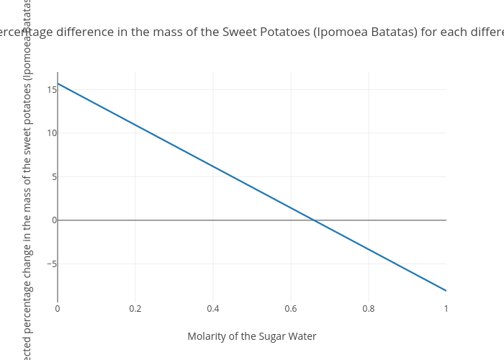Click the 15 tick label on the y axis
tap(52, 90)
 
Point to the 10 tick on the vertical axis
tap(52, 133)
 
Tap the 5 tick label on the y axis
tap(53, 177)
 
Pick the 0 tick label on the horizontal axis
tap(58, 309)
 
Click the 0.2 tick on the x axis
tap(135, 309)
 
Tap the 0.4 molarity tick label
tap(213, 309)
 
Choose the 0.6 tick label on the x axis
tap(291, 309)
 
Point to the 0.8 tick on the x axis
tap(369, 309)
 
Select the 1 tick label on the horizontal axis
tap(446, 309)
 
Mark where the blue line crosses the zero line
tap(315, 220)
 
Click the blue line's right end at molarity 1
tap(446, 290)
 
